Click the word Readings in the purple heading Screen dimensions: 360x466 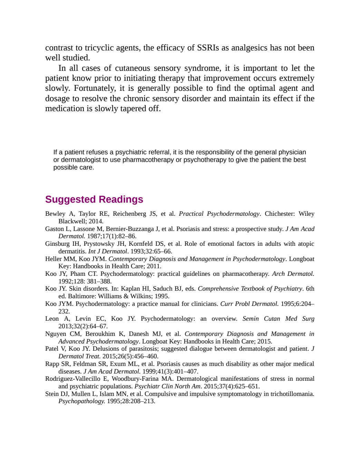click(x=121, y=200)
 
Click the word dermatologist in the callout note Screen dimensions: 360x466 click(x=82, y=160)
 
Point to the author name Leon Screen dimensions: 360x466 click(x=52, y=319)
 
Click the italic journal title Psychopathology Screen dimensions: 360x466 click(x=82, y=401)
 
